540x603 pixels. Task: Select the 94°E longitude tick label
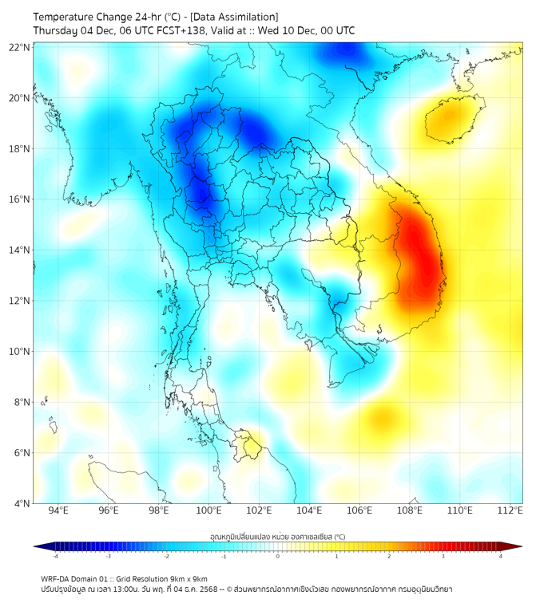coord(58,511)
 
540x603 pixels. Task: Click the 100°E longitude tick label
coord(209,511)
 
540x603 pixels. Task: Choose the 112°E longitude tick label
coord(510,511)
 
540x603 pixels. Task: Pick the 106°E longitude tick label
coord(360,511)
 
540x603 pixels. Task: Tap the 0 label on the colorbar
coord(277,557)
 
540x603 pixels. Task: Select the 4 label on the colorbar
coord(500,557)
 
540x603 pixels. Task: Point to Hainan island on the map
coord(452,120)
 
